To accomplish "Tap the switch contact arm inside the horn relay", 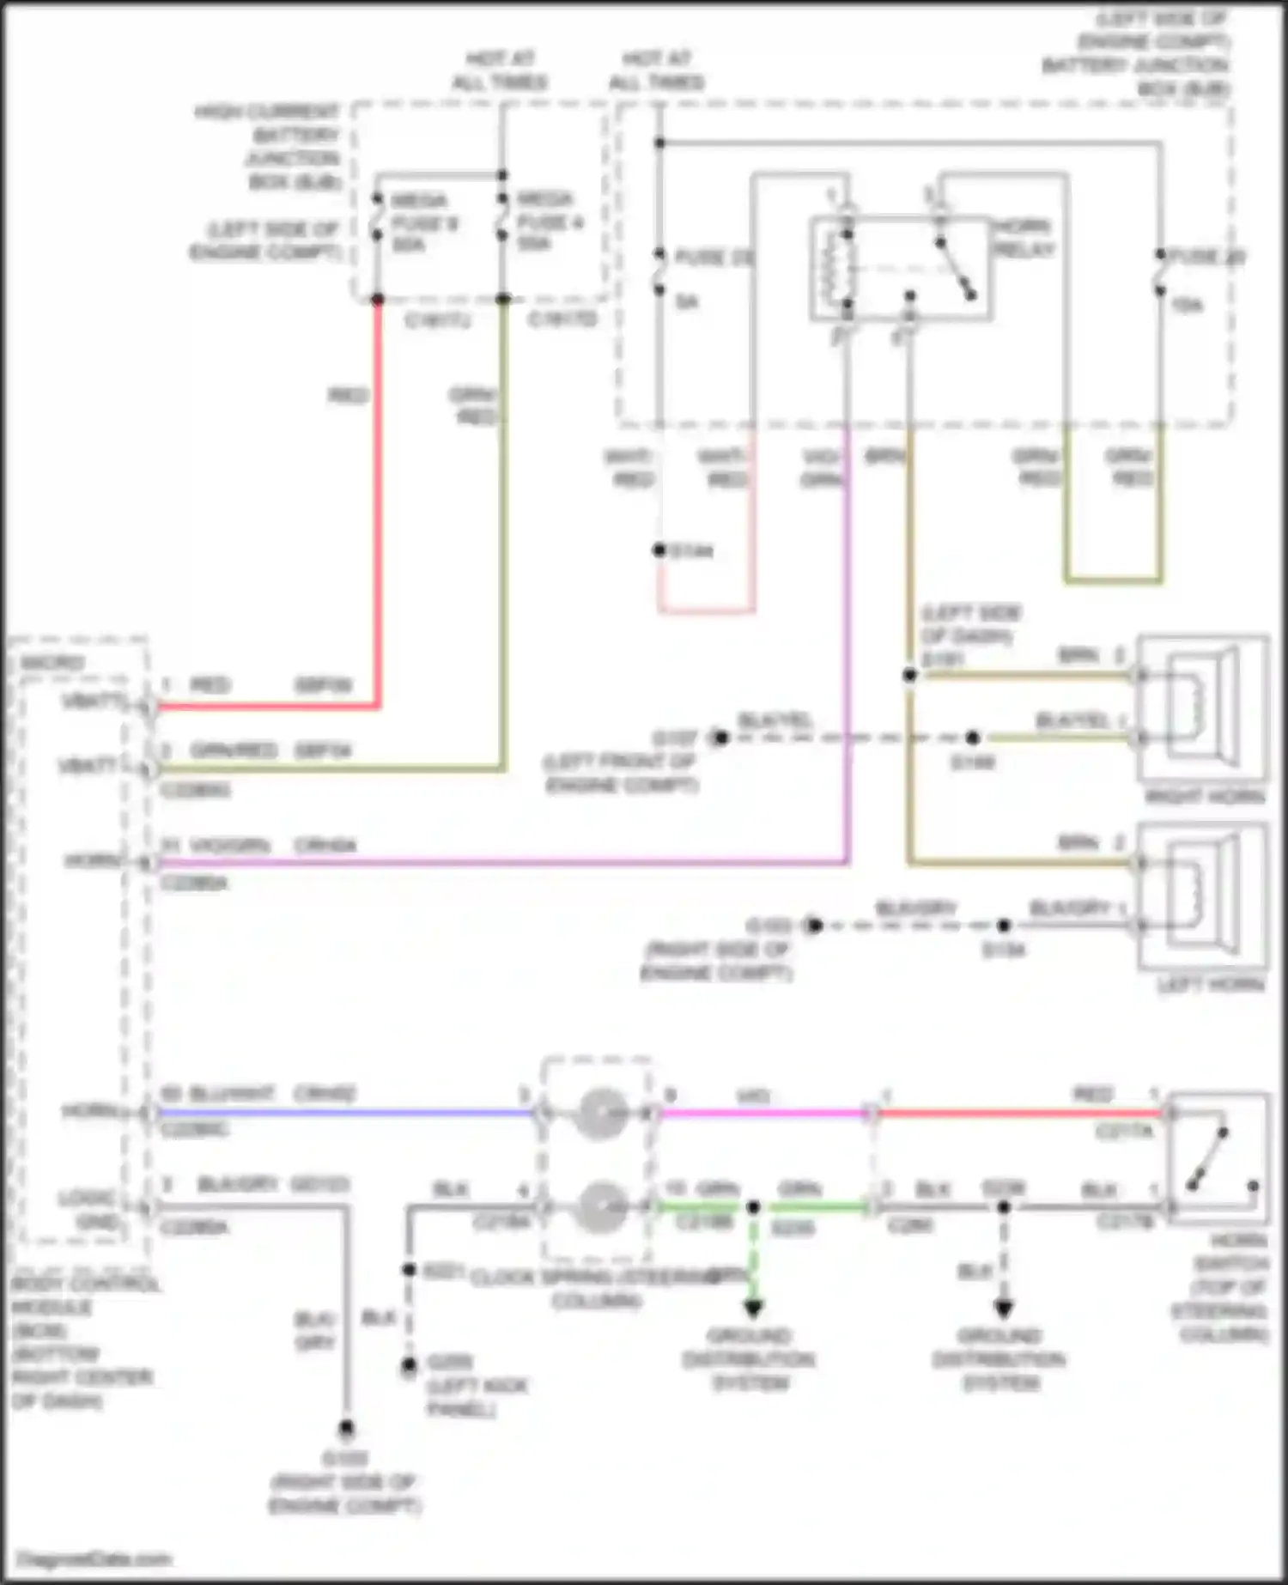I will click(x=956, y=269).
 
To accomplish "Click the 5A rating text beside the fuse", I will click(x=686, y=301).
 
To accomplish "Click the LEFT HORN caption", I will click(x=1211, y=984).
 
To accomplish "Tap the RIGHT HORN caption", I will click(x=1205, y=797).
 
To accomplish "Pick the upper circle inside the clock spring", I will click(x=598, y=1114).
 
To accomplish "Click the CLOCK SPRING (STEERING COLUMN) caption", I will click(x=596, y=1289).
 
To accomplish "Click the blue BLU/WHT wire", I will click(x=343, y=1114).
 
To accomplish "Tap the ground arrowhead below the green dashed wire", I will click(x=753, y=1309).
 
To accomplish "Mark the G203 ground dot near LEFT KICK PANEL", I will click(x=410, y=1364).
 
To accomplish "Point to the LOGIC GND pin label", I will click(x=88, y=1208).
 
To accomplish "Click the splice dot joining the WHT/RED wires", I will click(x=659, y=550).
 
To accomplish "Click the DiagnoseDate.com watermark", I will click(x=94, y=1558).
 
